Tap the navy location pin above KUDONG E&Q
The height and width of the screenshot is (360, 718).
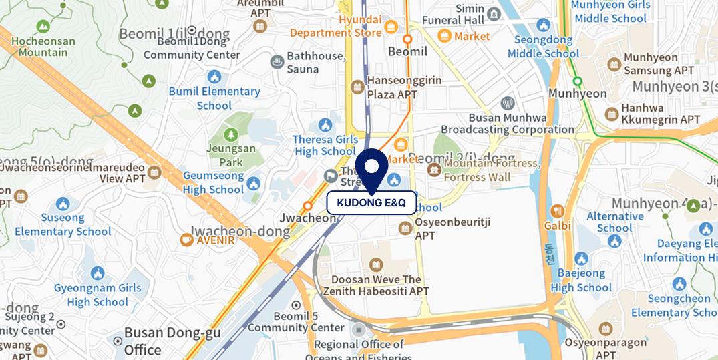tap(371, 167)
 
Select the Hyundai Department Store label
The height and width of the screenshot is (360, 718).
tap(336, 26)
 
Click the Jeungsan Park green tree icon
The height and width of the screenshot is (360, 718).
tap(230, 136)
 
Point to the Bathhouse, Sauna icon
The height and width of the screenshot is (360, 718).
tap(277, 63)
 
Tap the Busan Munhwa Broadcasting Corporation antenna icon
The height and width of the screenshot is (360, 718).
tap(507, 103)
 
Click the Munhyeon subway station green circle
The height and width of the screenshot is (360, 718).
tap(578, 82)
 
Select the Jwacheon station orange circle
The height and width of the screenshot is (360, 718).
tap(308, 206)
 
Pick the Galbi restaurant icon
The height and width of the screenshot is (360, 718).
tap(557, 212)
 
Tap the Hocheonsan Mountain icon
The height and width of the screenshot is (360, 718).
tap(43, 27)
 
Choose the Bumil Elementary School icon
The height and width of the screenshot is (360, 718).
tap(214, 77)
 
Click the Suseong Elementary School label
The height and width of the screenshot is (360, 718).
tap(63, 224)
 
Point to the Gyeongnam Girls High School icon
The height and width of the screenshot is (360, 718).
tap(98, 273)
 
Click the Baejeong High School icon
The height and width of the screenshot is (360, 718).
tap(581, 259)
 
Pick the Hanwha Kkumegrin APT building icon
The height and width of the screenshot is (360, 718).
tap(611, 114)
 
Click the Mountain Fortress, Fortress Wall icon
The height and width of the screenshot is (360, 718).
tap(434, 170)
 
